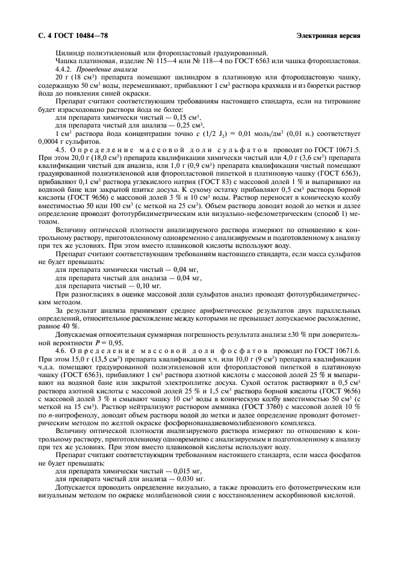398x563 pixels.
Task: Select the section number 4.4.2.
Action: coord(64,70)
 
